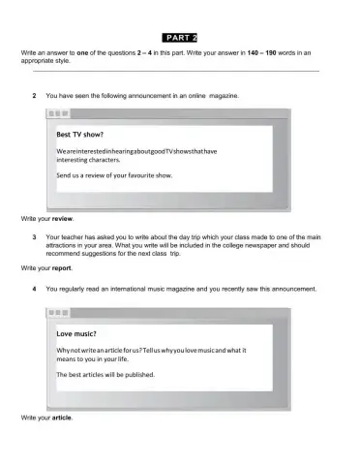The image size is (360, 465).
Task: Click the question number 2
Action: pos(35,97)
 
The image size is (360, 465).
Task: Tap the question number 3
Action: pos(35,237)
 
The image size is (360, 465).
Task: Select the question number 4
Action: pos(35,288)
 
